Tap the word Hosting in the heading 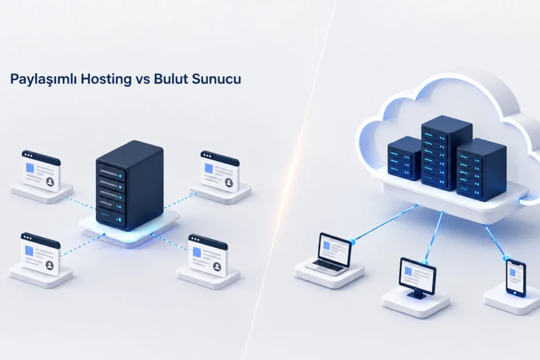[x=106, y=79]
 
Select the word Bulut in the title [x=171, y=79]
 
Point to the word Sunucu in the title [x=217, y=79]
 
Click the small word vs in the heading [x=142, y=80]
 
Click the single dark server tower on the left [x=129, y=185]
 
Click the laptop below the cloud [x=330, y=254]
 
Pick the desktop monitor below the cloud [x=418, y=277]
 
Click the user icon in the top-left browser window [x=50, y=182]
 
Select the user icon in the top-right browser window [x=229, y=182]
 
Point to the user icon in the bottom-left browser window [x=50, y=265]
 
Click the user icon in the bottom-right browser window [x=217, y=266]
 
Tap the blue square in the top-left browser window [x=30, y=169]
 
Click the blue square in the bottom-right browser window [x=197, y=252]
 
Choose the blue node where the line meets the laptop [x=352, y=241]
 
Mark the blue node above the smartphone [x=506, y=258]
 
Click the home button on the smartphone [x=515, y=293]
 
